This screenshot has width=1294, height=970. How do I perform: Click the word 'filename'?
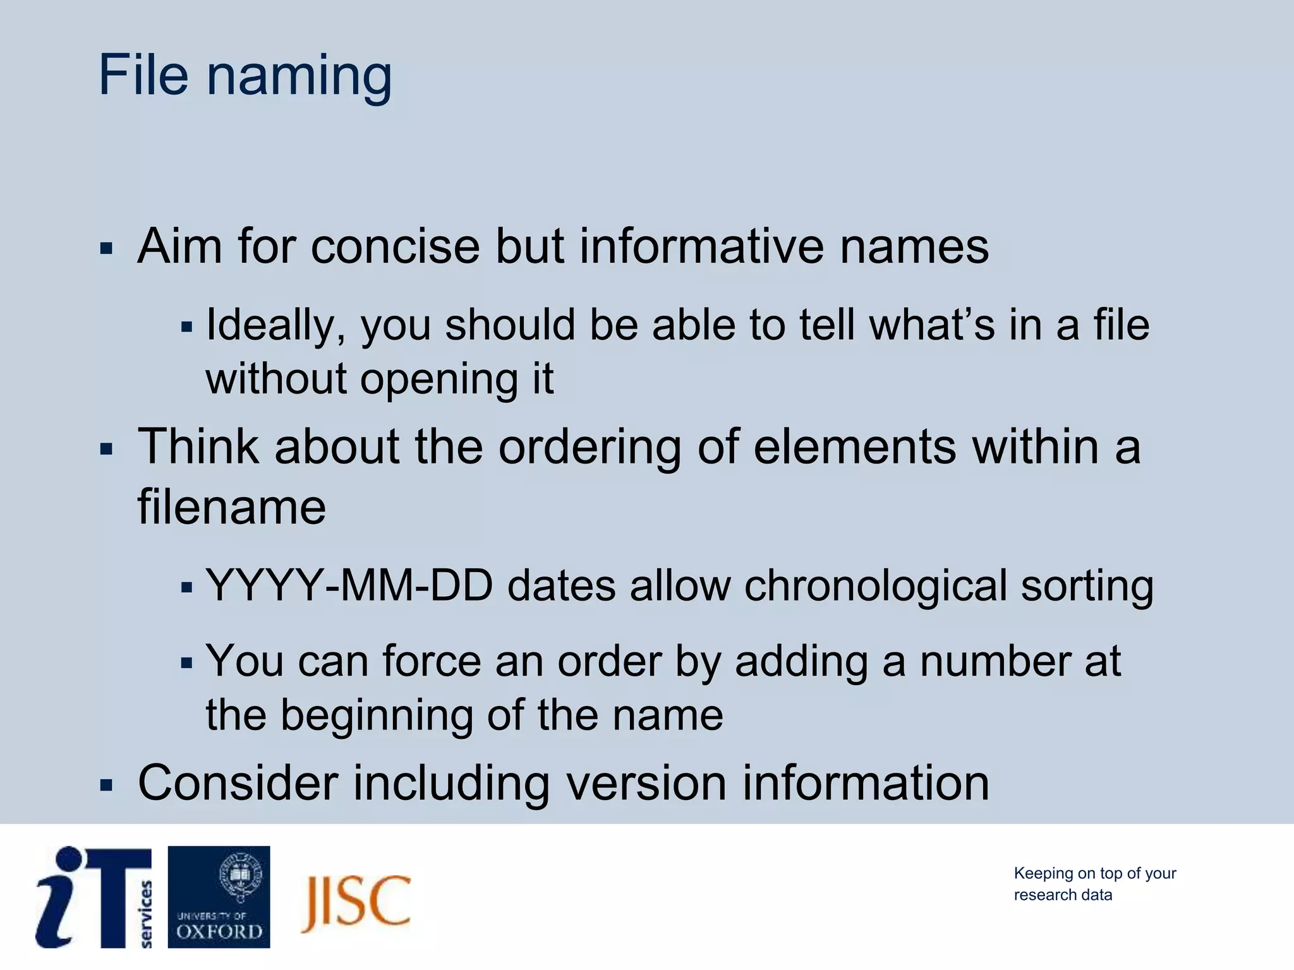232,506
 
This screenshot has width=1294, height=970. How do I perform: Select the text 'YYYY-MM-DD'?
349,586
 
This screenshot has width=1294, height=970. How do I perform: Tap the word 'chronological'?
875,586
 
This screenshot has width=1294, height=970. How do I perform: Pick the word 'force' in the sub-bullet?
432,662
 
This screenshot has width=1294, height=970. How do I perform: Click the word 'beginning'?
377,716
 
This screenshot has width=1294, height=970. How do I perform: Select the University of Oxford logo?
219,897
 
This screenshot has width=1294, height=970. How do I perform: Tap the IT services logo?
94,897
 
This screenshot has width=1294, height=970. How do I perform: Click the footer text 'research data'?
1063,895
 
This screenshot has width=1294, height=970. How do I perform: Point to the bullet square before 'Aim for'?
106,248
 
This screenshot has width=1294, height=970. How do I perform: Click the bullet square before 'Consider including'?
106,786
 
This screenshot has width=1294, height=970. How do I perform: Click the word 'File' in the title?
143,76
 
